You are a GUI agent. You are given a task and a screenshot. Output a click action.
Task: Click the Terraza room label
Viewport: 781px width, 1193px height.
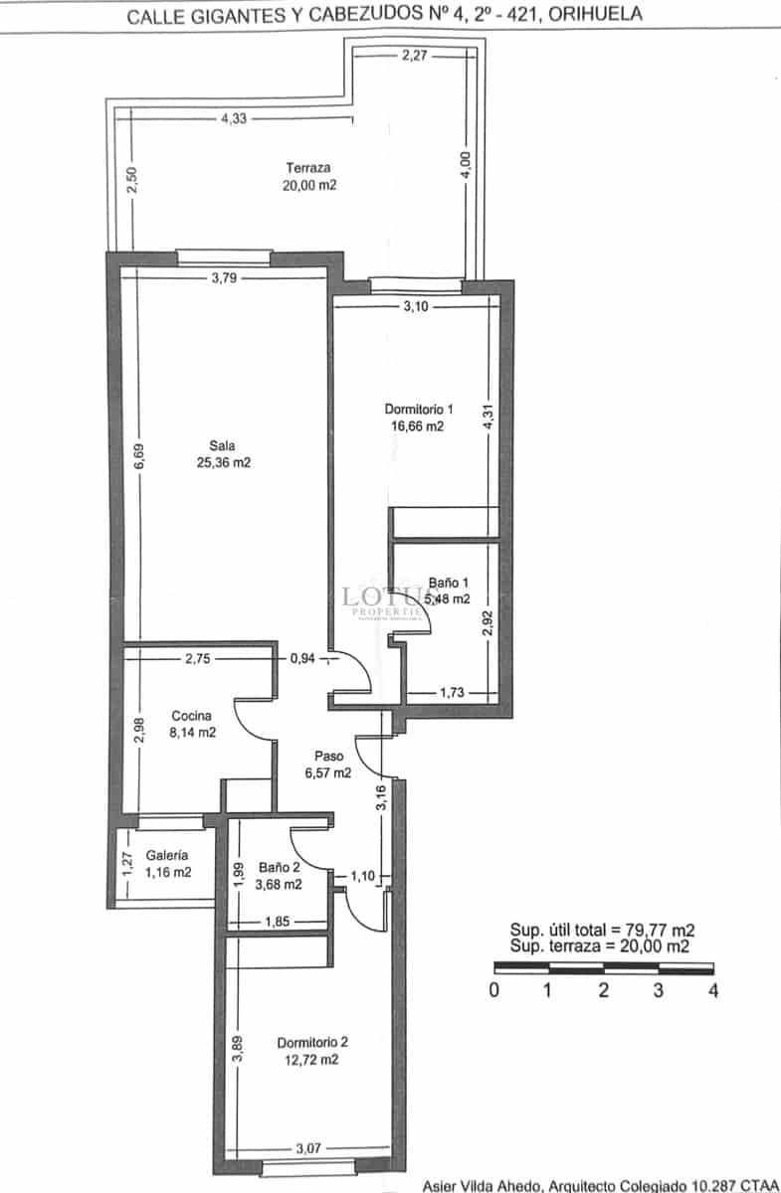[308, 168]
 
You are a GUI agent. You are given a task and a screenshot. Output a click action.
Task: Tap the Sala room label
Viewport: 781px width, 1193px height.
[223, 445]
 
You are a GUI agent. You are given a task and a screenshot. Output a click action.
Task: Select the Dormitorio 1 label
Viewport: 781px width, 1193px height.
[419, 409]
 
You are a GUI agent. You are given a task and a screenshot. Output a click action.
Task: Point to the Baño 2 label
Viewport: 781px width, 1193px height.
[279, 866]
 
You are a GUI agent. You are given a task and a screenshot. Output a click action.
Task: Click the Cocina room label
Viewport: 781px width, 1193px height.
[191, 716]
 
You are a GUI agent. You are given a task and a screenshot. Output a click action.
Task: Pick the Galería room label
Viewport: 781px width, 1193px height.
[167, 855]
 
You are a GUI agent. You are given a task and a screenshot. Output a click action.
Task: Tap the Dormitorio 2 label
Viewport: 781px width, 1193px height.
[312, 1043]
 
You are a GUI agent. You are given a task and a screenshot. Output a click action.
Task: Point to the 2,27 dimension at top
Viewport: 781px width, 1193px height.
[415, 56]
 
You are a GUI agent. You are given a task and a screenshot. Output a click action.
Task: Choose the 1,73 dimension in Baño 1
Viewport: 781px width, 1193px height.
[454, 691]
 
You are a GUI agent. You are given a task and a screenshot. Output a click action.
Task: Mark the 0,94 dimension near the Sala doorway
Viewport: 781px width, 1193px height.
[302, 657]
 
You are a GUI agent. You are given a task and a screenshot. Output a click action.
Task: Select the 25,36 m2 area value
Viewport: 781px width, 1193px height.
[223, 462]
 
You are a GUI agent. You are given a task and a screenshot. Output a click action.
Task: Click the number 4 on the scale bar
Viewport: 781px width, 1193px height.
[712, 990]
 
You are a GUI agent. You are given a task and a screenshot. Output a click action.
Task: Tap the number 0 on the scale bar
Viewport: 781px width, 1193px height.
[493, 990]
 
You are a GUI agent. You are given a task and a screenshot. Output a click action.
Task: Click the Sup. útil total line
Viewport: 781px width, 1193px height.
[602, 931]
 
